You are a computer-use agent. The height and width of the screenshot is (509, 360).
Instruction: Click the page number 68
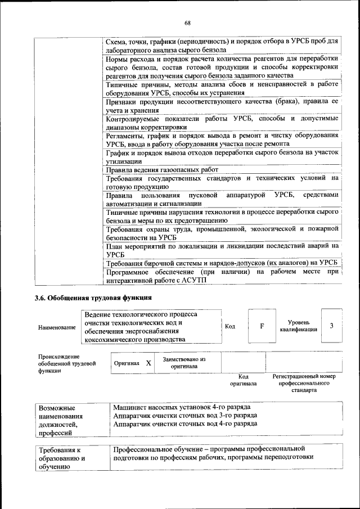[187, 22]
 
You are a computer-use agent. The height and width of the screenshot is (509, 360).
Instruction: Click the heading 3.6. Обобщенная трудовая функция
[93, 298]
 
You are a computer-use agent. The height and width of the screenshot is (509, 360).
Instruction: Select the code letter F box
[262, 326]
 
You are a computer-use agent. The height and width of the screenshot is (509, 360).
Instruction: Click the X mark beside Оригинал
[148, 363]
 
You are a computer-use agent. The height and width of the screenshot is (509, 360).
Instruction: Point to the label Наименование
[57, 327]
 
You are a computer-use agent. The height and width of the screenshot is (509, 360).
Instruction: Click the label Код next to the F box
[230, 326]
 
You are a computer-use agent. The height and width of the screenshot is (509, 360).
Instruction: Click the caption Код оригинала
[244, 380]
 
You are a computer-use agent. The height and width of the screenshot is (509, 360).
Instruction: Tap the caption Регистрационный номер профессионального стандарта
[303, 382]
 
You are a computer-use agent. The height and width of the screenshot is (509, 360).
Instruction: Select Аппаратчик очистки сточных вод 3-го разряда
[185, 415]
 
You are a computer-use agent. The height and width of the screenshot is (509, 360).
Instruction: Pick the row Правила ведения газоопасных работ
[162, 169]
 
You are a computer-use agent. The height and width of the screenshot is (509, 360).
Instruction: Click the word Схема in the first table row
[118, 41]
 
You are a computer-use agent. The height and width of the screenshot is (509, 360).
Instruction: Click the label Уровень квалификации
[298, 326]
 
